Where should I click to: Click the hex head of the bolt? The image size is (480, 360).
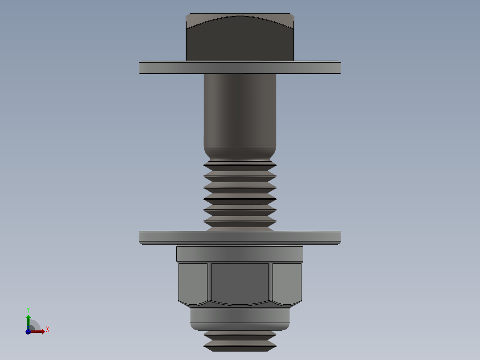click(x=240, y=42)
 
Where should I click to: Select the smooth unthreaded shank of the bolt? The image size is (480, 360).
click(x=240, y=109)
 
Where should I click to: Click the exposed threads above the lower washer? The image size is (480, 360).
click(x=240, y=196)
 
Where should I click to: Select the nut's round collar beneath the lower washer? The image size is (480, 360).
click(x=240, y=254)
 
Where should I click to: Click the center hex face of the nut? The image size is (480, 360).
click(x=240, y=283)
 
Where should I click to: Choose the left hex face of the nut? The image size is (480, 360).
click(x=193, y=283)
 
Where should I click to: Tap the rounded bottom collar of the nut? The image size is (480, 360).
click(x=240, y=318)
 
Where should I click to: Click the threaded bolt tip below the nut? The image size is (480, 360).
click(x=240, y=341)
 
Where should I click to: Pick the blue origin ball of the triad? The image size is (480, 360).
click(x=28, y=331)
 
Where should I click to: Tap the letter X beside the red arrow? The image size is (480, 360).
click(x=47, y=330)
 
